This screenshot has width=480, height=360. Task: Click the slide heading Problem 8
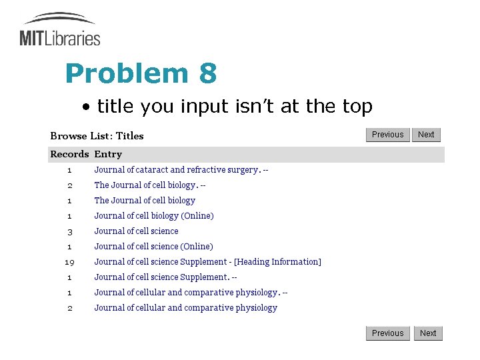141,73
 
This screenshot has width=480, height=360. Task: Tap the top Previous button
387,135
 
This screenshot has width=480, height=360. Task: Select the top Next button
426,135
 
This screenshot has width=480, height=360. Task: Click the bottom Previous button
387,333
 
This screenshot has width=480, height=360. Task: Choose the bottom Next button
428,333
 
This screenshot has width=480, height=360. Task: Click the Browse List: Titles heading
97,136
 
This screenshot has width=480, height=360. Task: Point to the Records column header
69,154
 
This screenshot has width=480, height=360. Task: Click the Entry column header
108,154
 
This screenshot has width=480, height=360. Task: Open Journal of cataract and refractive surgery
181,170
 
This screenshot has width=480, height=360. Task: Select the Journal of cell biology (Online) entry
154,216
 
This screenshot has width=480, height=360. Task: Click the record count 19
69,262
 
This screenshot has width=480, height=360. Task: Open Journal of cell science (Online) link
153,247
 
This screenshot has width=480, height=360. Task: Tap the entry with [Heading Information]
207,262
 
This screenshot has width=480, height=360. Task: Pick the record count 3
69,231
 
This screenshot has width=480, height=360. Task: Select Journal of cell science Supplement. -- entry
165,277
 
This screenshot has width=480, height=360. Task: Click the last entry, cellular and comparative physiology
185,308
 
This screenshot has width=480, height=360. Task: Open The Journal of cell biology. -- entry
149,185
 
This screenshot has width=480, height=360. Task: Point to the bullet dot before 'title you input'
87,107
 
